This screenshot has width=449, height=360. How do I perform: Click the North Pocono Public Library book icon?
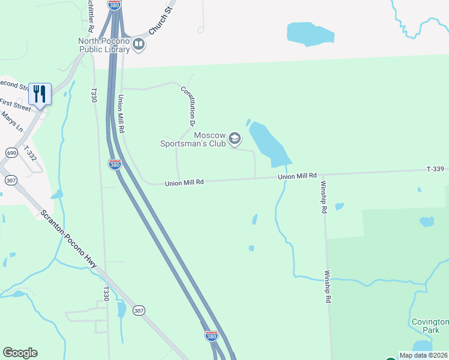click(x=139, y=44)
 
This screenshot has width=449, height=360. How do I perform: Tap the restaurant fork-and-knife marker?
click(x=40, y=94)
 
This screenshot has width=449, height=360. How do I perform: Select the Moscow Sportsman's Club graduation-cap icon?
click(x=235, y=139)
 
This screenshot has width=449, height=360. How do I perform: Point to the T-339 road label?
click(x=436, y=170)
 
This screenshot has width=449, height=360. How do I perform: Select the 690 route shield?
click(x=11, y=154)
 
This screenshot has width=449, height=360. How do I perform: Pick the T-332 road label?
click(x=29, y=153)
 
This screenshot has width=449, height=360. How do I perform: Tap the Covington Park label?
click(x=430, y=326)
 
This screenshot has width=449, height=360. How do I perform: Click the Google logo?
click(x=20, y=353)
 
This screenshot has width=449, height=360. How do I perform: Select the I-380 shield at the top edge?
click(x=115, y=4)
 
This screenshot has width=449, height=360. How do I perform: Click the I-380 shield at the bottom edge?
click(x=211, y=336)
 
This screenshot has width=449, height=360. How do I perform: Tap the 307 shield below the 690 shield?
click(x=10, y=180)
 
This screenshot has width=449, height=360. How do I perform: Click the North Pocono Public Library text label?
click(x=104, y=45)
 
